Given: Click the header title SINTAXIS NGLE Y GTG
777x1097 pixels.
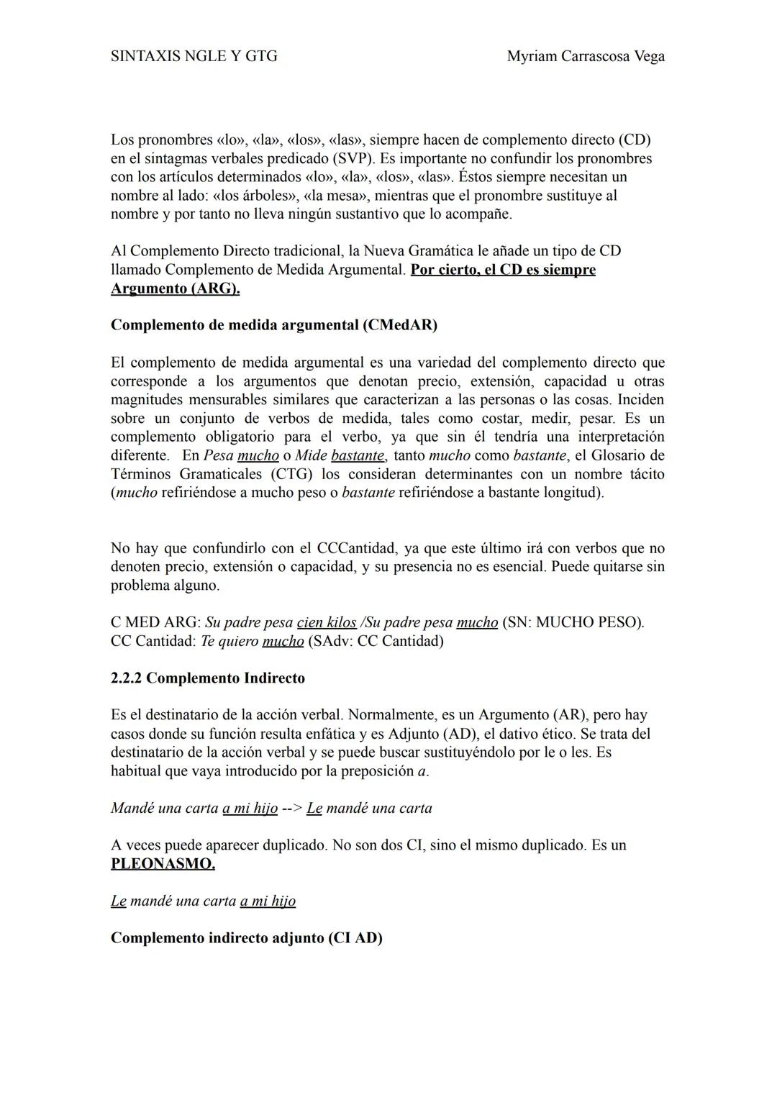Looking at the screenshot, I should [x=194, y=56].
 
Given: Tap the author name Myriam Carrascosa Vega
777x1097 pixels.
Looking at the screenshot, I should [x=586, y=56].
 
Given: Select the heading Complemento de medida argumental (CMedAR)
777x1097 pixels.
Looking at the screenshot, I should [x=274, y=324].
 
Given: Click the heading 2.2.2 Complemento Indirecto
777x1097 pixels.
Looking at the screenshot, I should [x=208, y=678].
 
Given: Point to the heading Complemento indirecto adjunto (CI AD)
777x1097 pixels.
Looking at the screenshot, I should [x=246, y=938].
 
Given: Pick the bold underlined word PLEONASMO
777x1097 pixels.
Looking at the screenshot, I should [x=163, y=863].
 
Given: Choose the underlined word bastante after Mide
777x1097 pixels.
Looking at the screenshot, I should [x=358, y=455].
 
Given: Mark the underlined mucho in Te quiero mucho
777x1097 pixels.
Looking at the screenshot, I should [x=283, y=641].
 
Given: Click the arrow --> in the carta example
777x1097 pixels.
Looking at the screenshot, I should [x=291, y=808].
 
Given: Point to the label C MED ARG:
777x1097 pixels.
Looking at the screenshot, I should [x=155, y=622].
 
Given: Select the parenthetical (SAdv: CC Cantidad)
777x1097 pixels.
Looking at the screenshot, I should [x=375, y=641].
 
